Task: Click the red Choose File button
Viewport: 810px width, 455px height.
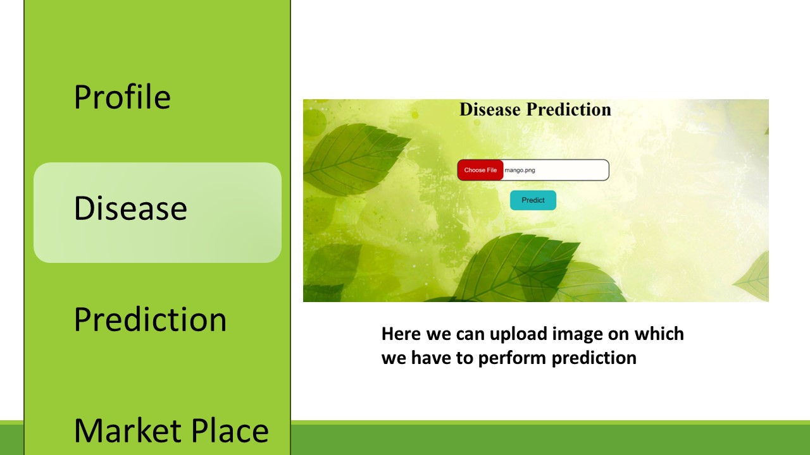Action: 480,170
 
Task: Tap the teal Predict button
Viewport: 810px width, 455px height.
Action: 533,200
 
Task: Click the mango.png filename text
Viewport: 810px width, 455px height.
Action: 520,170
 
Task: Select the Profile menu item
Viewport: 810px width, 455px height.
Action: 122,97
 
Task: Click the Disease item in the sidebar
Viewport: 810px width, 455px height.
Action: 130,208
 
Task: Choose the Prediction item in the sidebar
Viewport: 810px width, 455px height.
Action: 150,319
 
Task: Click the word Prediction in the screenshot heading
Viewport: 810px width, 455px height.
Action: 568,109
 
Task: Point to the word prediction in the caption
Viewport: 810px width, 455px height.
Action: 594,358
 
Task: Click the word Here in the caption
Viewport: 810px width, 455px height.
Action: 401,334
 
